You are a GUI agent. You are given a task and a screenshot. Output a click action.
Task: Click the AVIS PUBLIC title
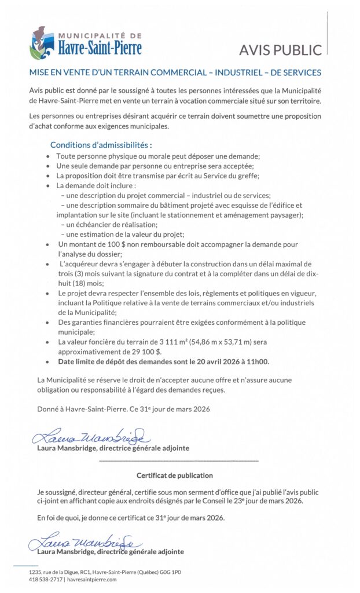(280, 50)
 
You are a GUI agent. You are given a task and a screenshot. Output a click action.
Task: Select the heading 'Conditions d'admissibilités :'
(101, 145)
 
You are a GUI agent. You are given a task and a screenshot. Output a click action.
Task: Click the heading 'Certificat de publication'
(174, 475)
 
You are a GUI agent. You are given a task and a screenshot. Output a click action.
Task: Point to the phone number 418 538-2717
(46, 579)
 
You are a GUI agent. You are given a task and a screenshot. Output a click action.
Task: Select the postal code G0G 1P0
(169, 572)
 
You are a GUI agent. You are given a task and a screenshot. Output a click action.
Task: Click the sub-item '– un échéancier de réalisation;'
(109, 224)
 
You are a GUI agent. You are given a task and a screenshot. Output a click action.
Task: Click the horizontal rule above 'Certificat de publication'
(179, 460)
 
